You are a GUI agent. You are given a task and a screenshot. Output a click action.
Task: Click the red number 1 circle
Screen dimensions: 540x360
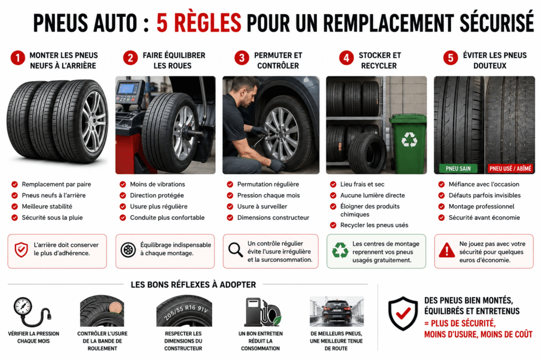tap(17, 58)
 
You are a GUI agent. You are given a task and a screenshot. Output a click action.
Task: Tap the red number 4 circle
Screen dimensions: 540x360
tap(346, 58)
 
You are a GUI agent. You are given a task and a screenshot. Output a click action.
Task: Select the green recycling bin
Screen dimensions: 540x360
tap(408, 144)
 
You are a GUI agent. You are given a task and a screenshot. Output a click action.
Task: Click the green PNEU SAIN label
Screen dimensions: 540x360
tap(458, 168)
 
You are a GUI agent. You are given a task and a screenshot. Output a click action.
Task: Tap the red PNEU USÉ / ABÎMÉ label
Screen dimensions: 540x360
tap(510, 168)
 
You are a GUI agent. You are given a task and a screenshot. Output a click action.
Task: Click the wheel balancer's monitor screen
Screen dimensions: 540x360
tap(128, 89)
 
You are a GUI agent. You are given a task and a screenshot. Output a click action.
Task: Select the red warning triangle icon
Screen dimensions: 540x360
tap(447, 250)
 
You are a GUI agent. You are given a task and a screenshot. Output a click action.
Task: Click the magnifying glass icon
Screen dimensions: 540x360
tap(236, 249)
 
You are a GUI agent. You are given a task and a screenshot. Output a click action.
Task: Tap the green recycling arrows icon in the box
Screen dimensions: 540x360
tap(340, 250)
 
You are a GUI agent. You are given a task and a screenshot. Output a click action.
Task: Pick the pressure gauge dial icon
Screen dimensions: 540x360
tap(23, 306)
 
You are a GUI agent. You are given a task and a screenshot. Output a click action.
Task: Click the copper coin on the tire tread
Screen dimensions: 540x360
tap(115, 307)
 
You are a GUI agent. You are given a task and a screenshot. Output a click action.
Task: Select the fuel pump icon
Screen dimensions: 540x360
tap(253, 312)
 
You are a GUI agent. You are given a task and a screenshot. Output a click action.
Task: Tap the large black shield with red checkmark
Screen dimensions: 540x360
tap(402, 313)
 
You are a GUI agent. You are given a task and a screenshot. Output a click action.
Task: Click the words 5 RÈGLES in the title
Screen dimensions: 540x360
tap(199, 23)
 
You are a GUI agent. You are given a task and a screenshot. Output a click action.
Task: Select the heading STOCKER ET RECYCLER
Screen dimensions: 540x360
tap(379, 60)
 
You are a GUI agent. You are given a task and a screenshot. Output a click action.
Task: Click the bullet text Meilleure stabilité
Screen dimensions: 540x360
tap(47, 207)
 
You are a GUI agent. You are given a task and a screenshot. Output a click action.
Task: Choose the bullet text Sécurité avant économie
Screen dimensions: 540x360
tap(484, 218)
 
